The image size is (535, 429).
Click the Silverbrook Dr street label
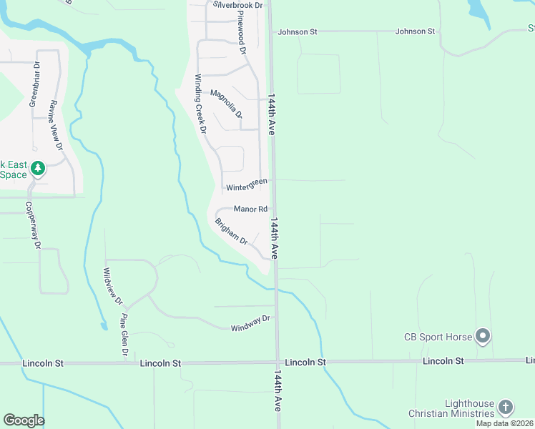tap(238, 5)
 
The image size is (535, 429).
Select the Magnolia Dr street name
tap(227, 104)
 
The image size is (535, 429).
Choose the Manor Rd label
tap(250, 209)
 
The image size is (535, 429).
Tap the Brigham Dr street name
tap(231, 231)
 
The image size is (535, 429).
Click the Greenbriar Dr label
tap(34, 84)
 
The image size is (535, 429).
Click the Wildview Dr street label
tap(112, 286)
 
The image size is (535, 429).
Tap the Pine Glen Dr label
tap(124, 335)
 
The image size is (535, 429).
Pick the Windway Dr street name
tap(250, 323)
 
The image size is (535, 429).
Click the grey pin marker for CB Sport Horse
tap(483, 335)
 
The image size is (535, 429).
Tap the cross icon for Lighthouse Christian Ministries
tap(505, 408)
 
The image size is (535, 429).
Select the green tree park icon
tap(38, 169)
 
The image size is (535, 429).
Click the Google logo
tap(24, 420)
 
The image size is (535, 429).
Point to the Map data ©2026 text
tap(504, 423)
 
